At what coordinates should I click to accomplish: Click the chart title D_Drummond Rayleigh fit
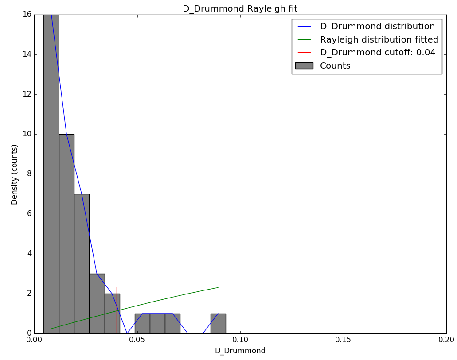pyautogui.click(x=240, y=9)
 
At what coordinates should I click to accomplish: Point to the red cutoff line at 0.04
pyautogui.click(x=117, y=310)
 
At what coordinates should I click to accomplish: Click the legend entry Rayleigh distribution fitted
pyautogui.click(x=379, y=39)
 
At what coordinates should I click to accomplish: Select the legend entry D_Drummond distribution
pyautogui.click(x=377, y=27)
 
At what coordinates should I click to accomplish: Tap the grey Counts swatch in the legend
pyautogui.click(x=304, y=66)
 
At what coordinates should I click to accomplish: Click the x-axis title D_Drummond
pyautogui.click(x=240, y=351)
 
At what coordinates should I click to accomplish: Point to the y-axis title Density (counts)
pyautogui.click(x=15, y=174)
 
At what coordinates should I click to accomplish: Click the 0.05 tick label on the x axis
pyautogui.click(x=137, y=340)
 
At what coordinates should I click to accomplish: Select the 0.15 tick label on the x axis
pyautogui.click(x=343, y=340)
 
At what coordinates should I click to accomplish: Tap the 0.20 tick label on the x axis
pyautogui.click(x=446, y=340)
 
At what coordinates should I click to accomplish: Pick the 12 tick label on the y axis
pyautogui.click(x=27, y=94)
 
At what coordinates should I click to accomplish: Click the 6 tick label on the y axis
pyautogui.click(x=29, y=214)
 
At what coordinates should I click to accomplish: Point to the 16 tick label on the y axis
pyautogui.click(x=27, y=15)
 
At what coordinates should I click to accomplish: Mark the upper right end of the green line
pyautogui.click(x=218, y=287)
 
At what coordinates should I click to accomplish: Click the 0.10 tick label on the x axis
pyautogui.click(x=240, y=340)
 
